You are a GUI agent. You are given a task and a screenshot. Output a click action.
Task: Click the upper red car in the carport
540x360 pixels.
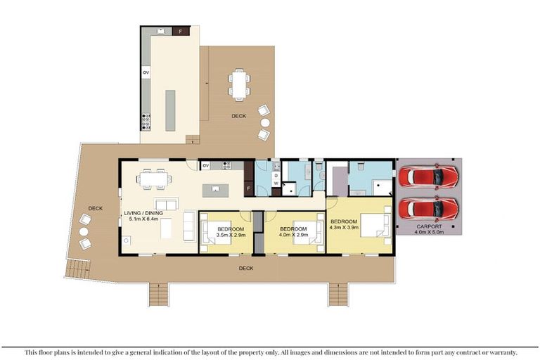(428, 176)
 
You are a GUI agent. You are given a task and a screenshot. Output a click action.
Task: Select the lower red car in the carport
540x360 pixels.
(428, 208)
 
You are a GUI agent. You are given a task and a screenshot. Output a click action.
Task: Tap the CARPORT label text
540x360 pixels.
(428, 227)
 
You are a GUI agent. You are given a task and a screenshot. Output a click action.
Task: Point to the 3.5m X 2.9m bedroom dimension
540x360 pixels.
(231, 236)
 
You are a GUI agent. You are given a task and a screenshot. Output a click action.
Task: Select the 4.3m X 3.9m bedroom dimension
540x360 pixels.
(345, 228)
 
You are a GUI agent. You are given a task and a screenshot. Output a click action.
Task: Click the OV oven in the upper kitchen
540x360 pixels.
(146, 72)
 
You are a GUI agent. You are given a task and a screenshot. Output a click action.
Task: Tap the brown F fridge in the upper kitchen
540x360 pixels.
(181, 32)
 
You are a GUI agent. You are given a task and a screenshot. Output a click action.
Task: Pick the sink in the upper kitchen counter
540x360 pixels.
(160, 31)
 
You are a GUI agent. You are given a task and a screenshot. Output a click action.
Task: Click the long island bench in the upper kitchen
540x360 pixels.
(171, 109)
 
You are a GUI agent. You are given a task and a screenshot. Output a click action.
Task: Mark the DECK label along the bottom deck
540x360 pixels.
(246, 268)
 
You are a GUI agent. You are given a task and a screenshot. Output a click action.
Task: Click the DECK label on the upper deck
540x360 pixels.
(239, 116)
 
